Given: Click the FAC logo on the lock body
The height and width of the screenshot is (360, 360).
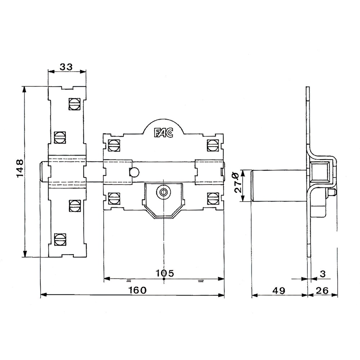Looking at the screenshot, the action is tap(163, 133).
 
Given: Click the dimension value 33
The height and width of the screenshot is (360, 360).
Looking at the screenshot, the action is tap(66, 67).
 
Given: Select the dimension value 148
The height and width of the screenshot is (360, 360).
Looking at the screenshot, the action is tap(20, 168).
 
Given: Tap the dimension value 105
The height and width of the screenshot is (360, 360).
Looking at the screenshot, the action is tap(165, 273).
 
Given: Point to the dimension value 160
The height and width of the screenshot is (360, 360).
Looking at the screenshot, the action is tap(137, 290).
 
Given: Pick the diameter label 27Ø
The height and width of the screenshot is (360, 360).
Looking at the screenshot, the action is tap(238, 183).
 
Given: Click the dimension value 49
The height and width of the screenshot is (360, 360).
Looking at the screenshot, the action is tap(279, 291).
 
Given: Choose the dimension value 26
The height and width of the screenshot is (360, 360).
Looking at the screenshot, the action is tap(322, 291).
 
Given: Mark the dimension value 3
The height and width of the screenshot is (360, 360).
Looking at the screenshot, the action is tap(323, 274).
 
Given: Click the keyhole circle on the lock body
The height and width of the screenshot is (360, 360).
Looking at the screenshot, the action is tap(163, 192).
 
